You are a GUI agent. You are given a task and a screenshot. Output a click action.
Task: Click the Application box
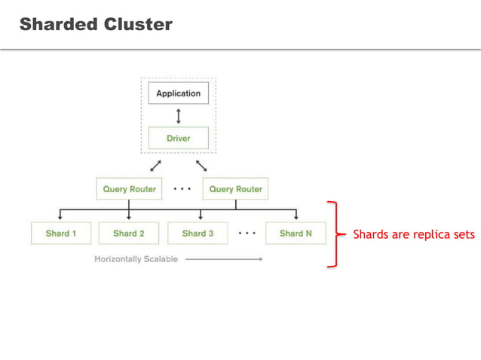coord(178,93)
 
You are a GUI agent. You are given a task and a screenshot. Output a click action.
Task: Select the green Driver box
coord(178,138)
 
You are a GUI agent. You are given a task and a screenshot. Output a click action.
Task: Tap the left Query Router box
coord(129,189)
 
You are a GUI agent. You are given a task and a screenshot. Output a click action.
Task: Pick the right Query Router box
coord(235,189)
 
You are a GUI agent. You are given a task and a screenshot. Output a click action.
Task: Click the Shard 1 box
coord(60,233)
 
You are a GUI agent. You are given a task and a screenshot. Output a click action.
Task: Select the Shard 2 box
coord(128,233)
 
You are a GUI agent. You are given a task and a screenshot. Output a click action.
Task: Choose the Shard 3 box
coord(198,233)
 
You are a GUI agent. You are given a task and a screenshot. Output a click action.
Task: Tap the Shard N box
coord(296,233)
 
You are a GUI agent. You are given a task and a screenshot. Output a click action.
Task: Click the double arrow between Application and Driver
coord(178,116)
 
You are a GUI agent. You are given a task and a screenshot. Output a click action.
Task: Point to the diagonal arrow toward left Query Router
coord(155,165)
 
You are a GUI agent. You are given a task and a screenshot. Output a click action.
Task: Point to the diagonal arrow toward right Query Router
coord(201,165)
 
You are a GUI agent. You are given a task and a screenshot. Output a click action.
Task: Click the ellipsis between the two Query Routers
coord(182,188)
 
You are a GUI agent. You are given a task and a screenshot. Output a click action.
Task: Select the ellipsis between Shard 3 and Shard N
coord(247,233)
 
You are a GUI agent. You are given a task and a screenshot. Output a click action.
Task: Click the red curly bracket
coord(333,234)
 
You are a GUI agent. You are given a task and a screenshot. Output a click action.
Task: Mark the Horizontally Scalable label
coord(136,259)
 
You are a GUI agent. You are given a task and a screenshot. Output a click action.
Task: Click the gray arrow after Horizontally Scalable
coord(223,259)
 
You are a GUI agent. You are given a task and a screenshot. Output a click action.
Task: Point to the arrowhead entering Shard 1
coord(60,218)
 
